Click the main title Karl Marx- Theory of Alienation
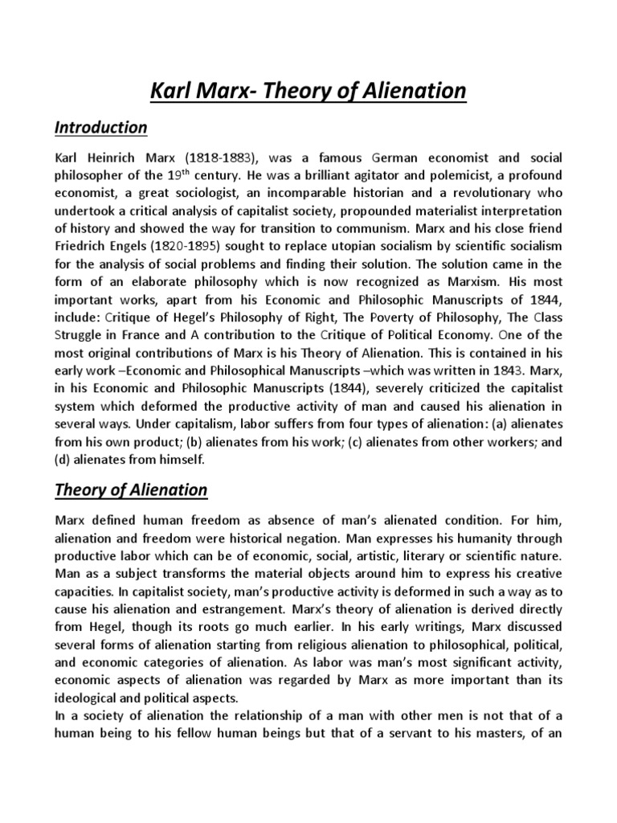pos(308,92)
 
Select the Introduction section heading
pos(100,128)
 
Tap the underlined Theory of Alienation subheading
pos(130,489)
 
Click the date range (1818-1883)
pos(215,158)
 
